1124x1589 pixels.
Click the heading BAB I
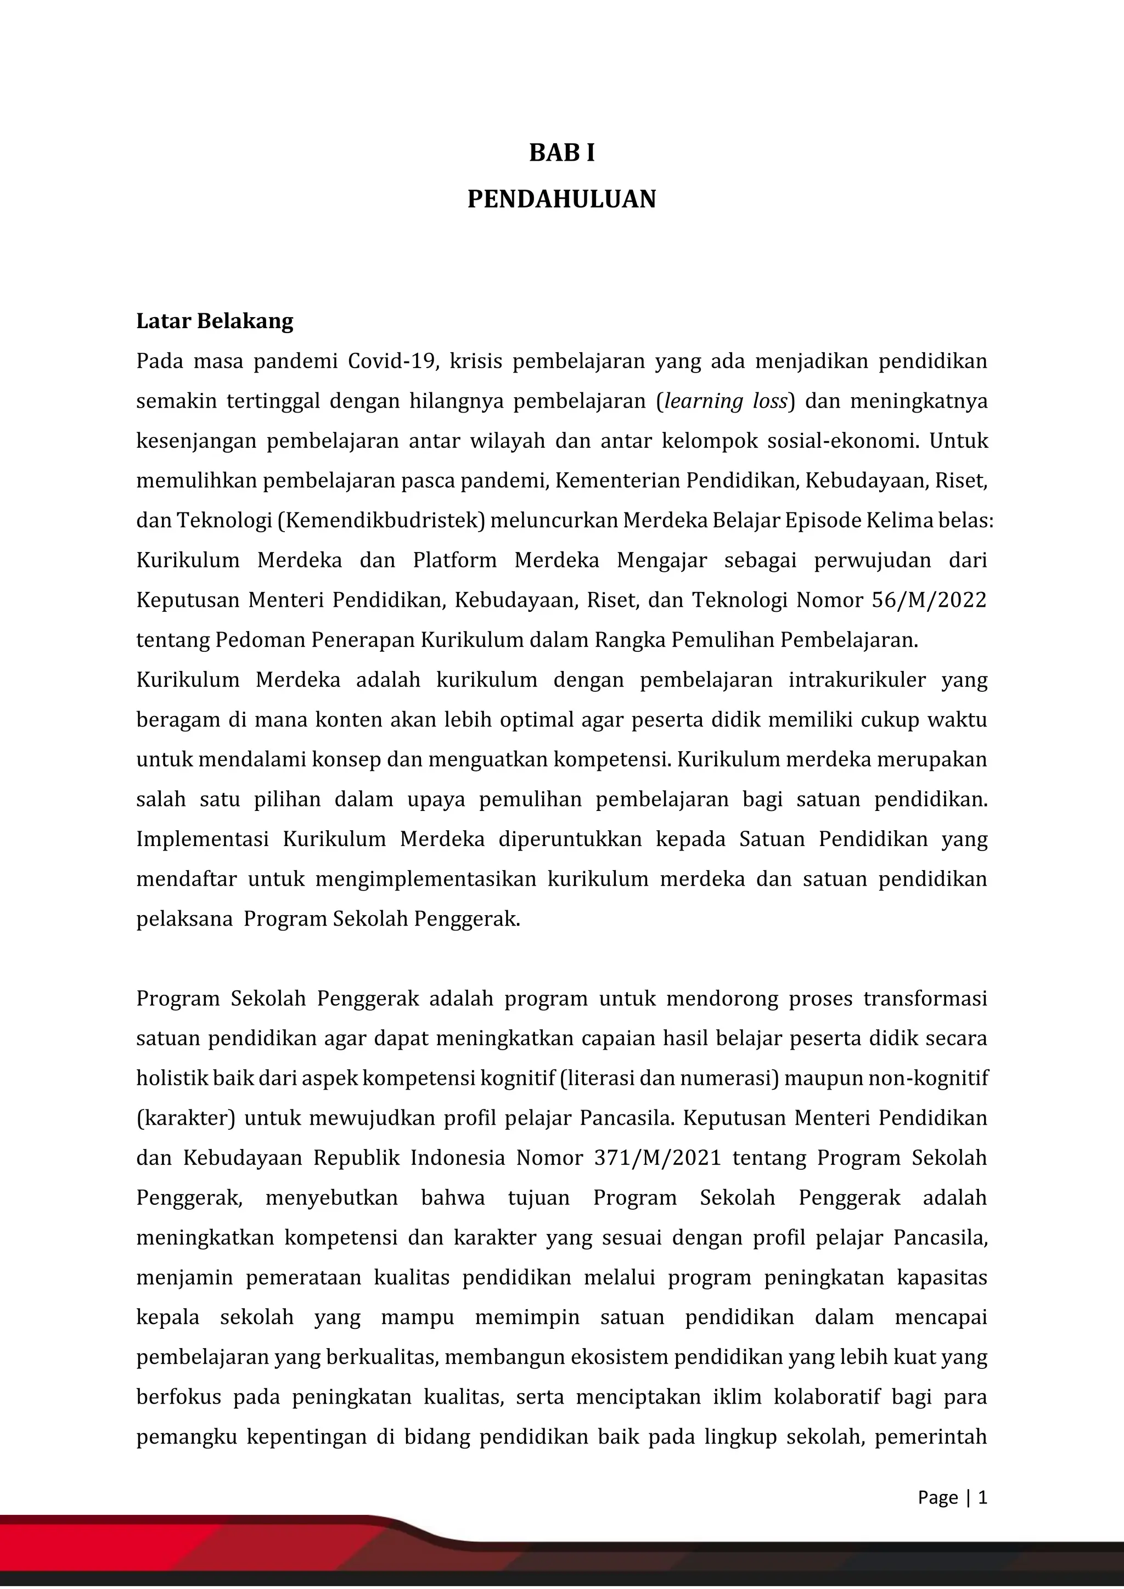pos(561,153)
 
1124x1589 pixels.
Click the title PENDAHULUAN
pos(561,199)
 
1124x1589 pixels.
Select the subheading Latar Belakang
pos(215,321)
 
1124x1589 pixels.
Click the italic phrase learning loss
pos(726,402)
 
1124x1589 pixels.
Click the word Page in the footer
pos(938,1498)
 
